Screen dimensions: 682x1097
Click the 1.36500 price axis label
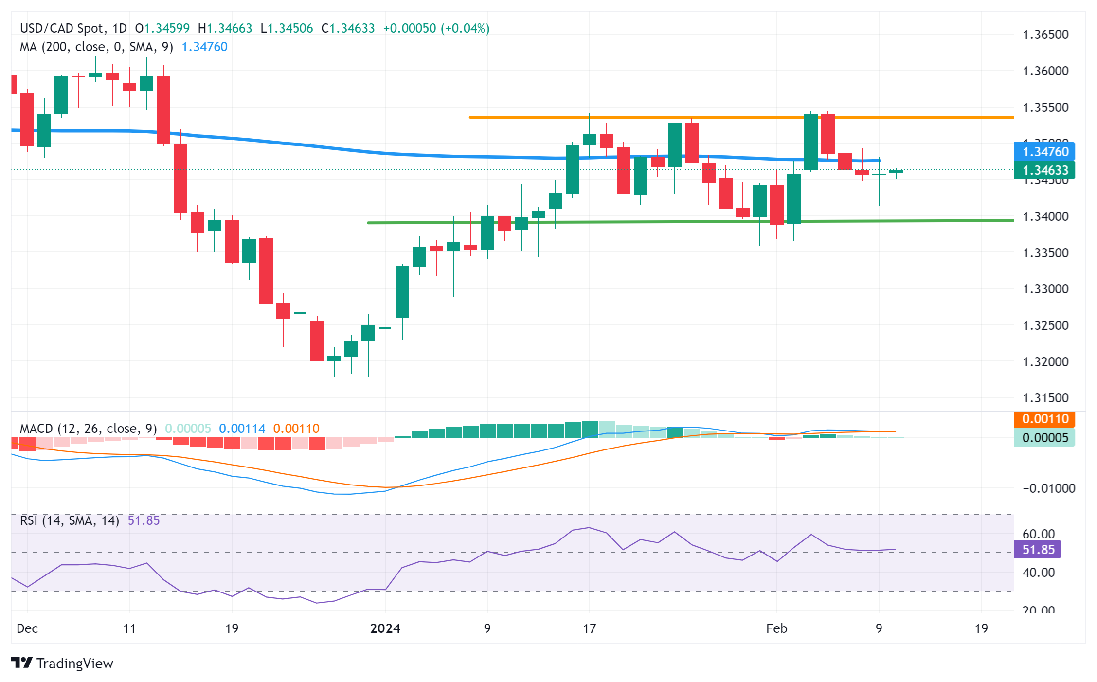point(1045,35)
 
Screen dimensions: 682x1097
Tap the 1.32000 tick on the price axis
point(1045,362)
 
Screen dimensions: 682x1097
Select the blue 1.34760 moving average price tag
point(1045,152)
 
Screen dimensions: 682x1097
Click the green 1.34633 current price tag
point(1045,170)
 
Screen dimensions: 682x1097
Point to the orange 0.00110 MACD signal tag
point(1045,419)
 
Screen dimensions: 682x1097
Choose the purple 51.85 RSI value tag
point(1038,550)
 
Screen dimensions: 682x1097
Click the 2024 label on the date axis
point(385,628)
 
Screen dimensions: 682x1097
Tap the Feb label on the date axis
point(776,628)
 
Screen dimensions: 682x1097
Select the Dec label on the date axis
point(27,628)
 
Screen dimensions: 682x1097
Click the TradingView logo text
point(74,664)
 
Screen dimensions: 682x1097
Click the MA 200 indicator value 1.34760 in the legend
point(204,47)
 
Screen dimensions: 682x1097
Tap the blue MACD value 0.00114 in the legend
point(242,429)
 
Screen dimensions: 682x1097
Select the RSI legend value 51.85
point(144,520)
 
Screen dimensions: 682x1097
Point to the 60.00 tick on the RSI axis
point(1039,534)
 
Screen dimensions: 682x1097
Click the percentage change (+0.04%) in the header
point(465,28)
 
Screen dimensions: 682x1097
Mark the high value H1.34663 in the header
point(225,28)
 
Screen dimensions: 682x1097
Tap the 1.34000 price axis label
point(1045,216)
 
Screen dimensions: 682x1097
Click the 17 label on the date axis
point(589,628)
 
